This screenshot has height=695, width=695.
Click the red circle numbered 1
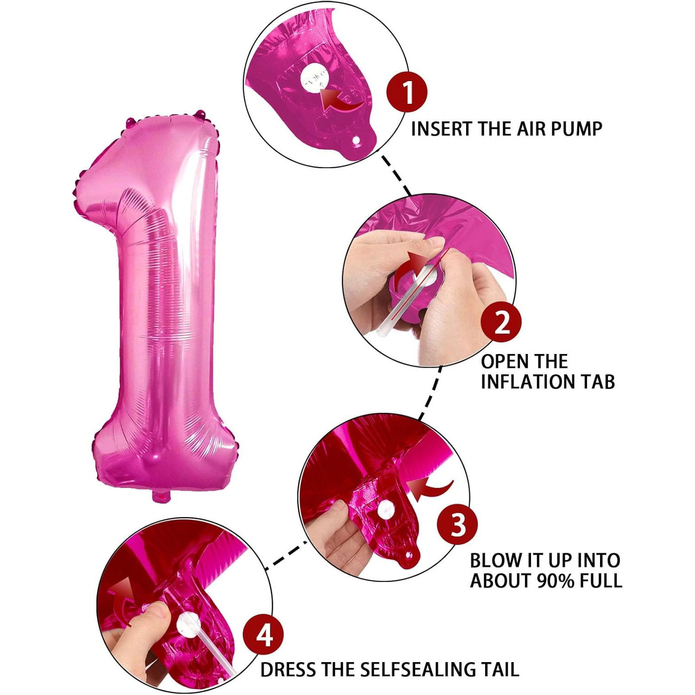[x=407, y=92]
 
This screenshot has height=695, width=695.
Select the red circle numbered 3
[x=458, y=525]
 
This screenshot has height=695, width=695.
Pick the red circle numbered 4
[x=264, y=635]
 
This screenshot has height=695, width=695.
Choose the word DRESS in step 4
[x=288, y=670]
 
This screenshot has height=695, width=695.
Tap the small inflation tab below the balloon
[x=161, y=496]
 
